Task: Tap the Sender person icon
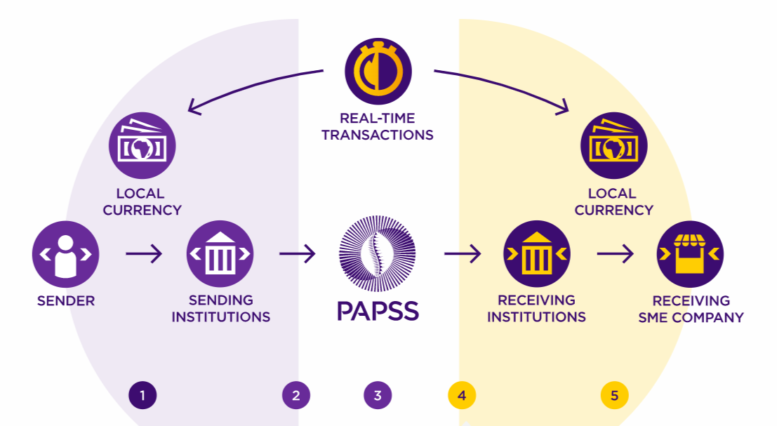(65, 253)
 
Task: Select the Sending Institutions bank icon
(220, 253)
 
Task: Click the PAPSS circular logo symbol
(378, 253)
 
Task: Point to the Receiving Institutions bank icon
(537, 253)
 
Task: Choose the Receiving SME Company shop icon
(690, 253)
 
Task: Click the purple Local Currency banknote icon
(142, 146)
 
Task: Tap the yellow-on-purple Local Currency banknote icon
(613, 146)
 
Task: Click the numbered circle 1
(142, 396)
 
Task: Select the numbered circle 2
(296, 396)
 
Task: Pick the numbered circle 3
(378, 396)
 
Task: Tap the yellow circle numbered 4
(462, 396)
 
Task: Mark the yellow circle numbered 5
(614, 396)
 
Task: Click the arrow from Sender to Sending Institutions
(144, 253)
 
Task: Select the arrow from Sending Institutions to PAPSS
(298, 253)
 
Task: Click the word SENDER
(66, 301)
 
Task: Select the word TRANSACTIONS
(378, 134)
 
